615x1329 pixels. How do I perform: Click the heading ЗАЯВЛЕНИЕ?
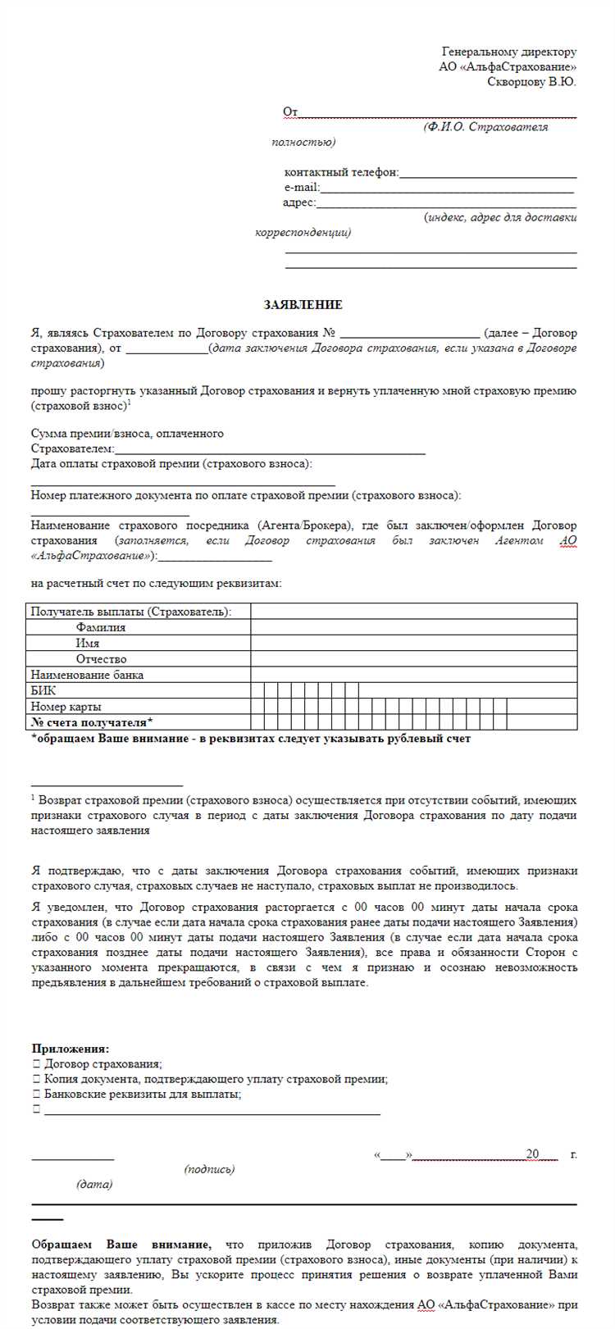[x=303, y=304]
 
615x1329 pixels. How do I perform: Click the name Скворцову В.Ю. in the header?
[x=531, y=82]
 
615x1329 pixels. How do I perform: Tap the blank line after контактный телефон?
[x=488, y=173]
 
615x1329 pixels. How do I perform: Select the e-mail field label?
[x=301, y=188]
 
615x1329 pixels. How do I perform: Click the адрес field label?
[x=298, y=203]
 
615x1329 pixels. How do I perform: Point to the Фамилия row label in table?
[x=101, y=627]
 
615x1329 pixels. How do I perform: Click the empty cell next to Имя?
[x=413, y=643]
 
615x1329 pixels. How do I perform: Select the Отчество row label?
[x=101, y=659]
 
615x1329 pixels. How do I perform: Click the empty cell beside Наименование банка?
[x=413, y=675]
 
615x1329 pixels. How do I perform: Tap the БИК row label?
[x=43, y=690]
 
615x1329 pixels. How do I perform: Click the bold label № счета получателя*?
[x=92, y=722]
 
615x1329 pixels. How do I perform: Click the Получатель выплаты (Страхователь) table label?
[x=130, y=612]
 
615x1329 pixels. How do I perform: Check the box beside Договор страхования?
[x=36, y=1063]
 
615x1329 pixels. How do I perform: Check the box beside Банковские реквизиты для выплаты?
[x=36, y=1094]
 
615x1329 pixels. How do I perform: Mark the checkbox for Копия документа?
[x=36, y=1079]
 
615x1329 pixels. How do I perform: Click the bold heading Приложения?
[x=71, y=1049]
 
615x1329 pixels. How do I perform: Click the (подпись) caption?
[x=209, y=1169]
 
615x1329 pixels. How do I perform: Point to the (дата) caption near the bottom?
[x=94, y=1184]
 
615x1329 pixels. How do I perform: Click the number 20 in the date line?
[x=532, y=1154]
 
